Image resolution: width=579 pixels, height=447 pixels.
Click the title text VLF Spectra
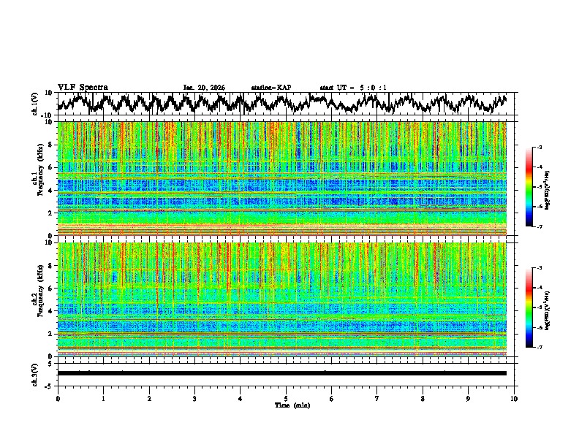[83, 87]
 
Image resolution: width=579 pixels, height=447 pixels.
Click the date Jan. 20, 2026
[204, 88]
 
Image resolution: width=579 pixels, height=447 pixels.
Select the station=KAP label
[270, 88]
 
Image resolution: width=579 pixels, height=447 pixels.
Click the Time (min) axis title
[286, 405]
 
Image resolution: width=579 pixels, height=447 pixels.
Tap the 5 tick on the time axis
[286, 398]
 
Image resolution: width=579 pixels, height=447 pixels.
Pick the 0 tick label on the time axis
[58, 398]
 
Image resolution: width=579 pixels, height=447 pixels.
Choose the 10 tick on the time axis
[514, 398]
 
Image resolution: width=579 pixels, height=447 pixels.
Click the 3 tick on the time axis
[194, 398]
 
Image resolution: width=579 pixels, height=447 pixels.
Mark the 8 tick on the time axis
[423, 398]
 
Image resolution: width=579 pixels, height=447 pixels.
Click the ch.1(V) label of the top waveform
[35, 104]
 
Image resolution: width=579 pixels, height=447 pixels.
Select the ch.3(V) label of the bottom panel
[35, 373]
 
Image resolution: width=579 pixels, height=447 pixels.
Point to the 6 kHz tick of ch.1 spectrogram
[50, 167]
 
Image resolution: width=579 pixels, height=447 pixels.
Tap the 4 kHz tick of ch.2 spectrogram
[50, 311]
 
